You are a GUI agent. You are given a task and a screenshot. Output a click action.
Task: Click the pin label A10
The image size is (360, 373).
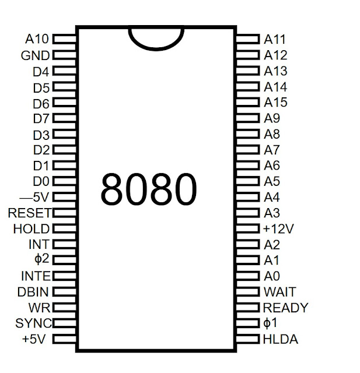coord(38,40)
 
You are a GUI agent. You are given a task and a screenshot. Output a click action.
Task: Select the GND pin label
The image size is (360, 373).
coord(36,56)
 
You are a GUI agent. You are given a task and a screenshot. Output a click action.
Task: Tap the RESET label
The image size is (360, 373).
coord(30,213)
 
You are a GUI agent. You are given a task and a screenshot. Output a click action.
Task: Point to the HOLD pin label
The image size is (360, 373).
coord(32,228)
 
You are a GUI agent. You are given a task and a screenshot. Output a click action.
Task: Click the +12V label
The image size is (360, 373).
coord(278,228)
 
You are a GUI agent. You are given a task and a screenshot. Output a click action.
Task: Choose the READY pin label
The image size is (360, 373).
coord(286,307)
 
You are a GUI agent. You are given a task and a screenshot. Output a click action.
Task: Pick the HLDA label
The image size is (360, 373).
coord(281,339)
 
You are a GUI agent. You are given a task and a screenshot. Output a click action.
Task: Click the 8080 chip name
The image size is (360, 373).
coord(148,188)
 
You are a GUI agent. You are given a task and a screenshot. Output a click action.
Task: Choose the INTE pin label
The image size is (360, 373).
coord(36,276)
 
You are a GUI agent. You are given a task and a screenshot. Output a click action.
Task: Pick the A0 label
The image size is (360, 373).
coord(273,276)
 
